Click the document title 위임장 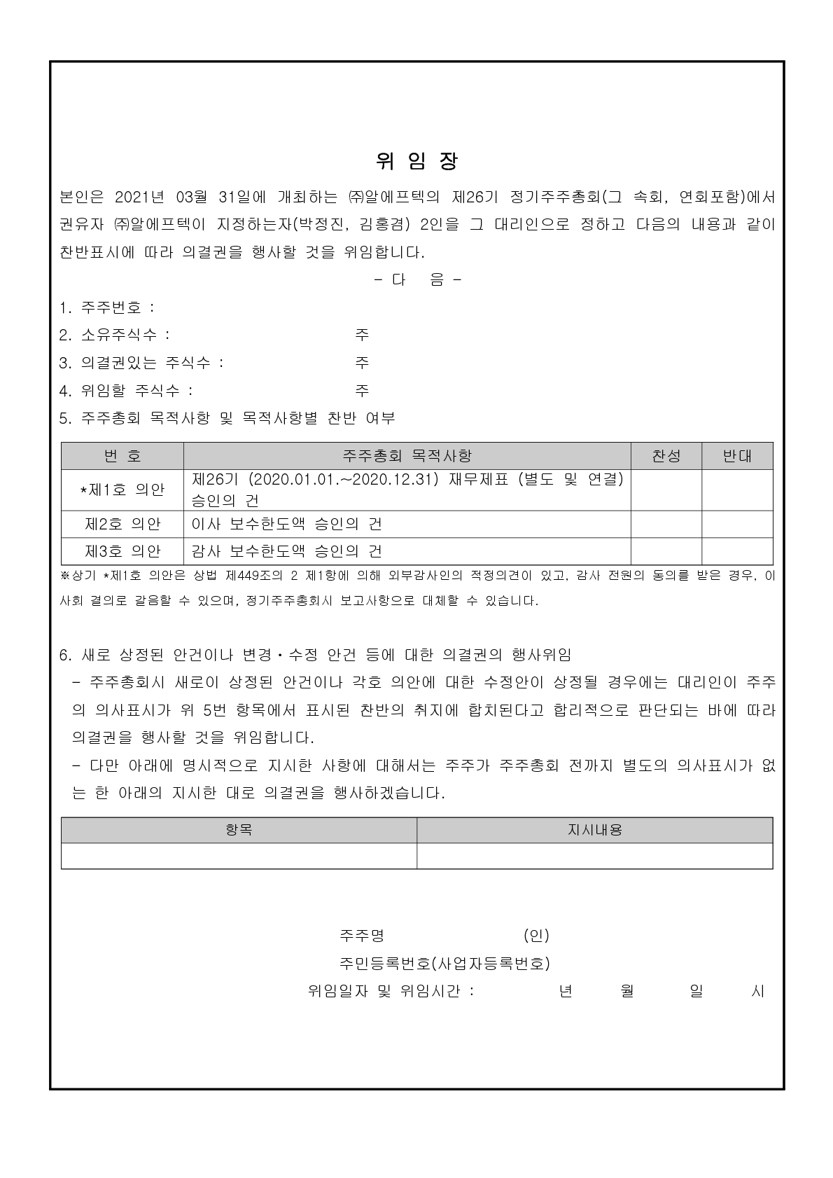pyautogui.click(x=416, y=162)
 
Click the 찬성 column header pyautogui.click(x=666, y=456)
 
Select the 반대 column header pyautogui.click(x=737, y=456)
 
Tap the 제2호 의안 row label pyautogui.click(x=122, y=524)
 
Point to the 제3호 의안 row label pyautogui.click(x=122, y=551)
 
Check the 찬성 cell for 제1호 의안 pyautogui.click(x=666, y=490)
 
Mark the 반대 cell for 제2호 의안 pyautogui.click(x=737, y=524)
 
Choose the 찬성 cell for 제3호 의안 pyautogui.click(x=666, y=551)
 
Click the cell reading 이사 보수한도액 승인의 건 pyautogui.click(x=287, y=524)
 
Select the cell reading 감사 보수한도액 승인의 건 pyautogui.click(x=287, y=551)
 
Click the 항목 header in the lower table pyautogui.click(x=239, y=830)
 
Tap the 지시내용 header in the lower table pyautogui.click(x=594, y=830)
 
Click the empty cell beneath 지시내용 pyautogui.click(x=594, y=856)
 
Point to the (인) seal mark pyautogui.click(x=536, y=936)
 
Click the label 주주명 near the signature pyautogui.click(x=362, y=936)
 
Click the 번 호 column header pyautogui.click(x=122, y=456)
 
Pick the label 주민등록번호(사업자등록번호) pyautogui.click(x=444, y=964)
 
